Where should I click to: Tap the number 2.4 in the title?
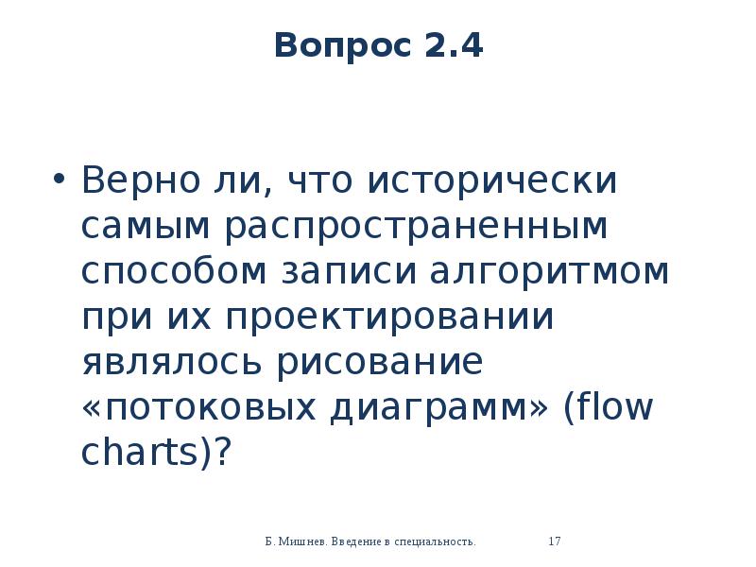pos(454,45)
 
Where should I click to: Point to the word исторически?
pos(494,180)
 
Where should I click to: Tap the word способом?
pos(174,271)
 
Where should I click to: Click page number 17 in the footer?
pos(556,541)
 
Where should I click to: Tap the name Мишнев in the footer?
pos(303,541)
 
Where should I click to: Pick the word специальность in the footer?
pos(435,541)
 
